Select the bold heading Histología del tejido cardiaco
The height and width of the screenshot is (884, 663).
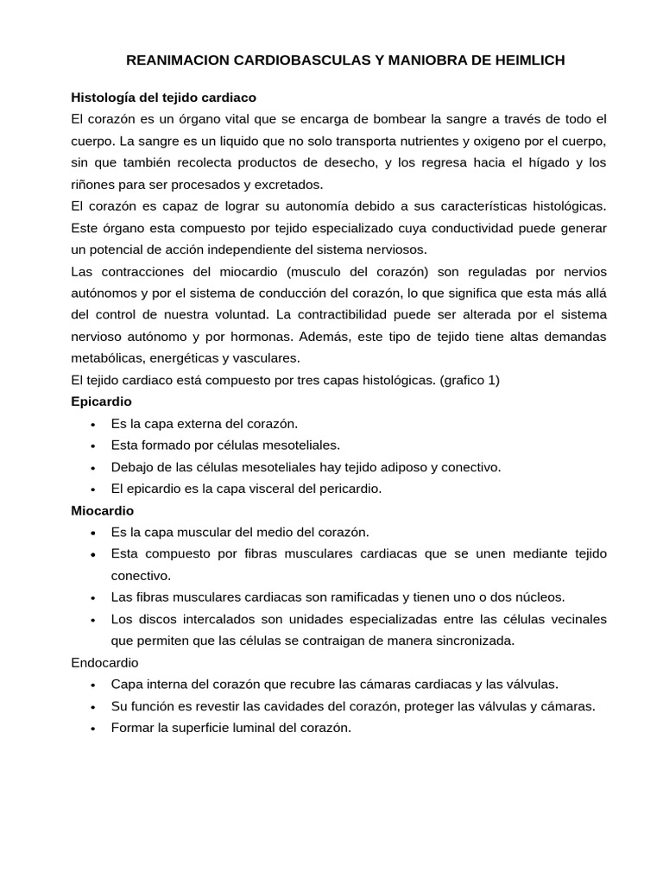coord(163,98)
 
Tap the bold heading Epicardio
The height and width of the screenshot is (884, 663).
coord(101,402)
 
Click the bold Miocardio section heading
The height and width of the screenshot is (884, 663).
coord(102,511)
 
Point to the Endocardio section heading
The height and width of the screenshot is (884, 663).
coord(104,662)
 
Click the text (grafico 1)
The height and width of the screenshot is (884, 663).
coord(470,380)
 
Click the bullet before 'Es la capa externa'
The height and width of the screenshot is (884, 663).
coord(92,424)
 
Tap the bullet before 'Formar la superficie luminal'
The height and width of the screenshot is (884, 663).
coord(92,728)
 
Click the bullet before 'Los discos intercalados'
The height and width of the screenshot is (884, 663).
coord(92,619)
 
